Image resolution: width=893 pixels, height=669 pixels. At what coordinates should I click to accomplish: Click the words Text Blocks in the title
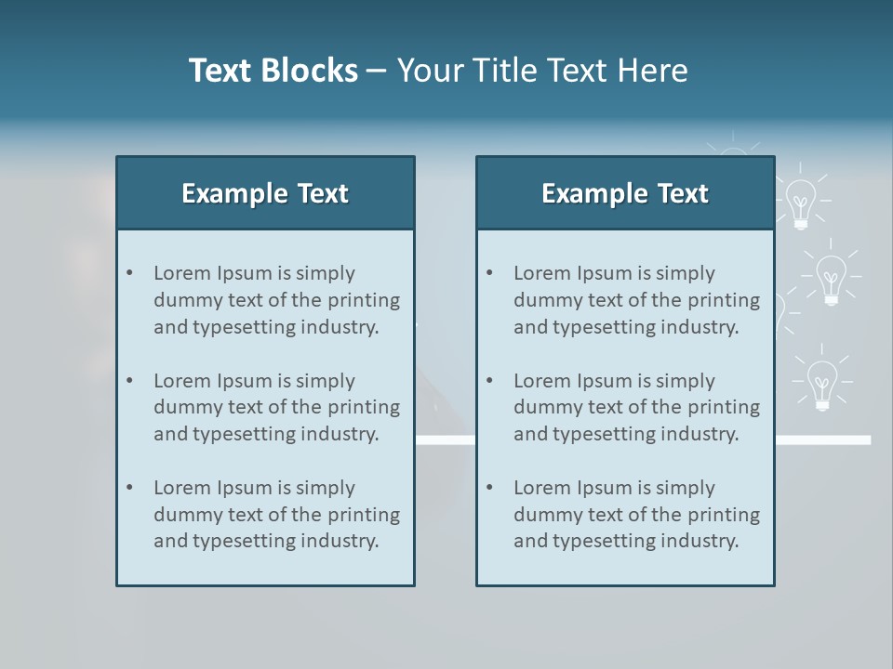pyautogui.click(x=273, y=71)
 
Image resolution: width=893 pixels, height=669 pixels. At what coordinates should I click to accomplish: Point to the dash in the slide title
pyautogui.click(x=377, y=72)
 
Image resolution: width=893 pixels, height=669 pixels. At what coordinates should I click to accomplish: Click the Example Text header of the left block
pyautogui.click(x=265, y=193)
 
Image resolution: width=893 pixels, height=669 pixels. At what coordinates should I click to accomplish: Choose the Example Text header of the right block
pyautogui.click(x=625, y=193)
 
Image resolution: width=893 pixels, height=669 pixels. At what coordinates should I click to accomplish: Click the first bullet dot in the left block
pyautogui.click(x=129, y=273)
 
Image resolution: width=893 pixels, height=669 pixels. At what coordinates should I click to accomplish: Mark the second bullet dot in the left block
pyautogui.click(x=129, y=381)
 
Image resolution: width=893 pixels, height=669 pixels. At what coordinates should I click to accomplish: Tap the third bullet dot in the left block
pyautogui.click(x=129, y=488)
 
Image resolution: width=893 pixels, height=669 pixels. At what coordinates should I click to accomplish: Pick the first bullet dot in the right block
pyautogui.click(x=489, y=273)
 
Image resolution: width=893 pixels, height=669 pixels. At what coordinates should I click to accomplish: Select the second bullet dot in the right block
pyautogui.click(x=489, y=381)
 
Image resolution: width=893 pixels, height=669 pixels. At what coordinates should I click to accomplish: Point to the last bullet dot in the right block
pyautogui.click(x=489, y=488)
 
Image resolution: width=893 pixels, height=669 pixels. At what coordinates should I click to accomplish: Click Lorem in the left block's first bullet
pyautogui.click(x=182, y=273)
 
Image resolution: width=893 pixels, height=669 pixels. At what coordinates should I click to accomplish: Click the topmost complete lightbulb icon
pyautogui.click(x=800, y=203)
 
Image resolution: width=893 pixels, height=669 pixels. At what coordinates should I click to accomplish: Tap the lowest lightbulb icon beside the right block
pyautogui.click(x=821, y=384)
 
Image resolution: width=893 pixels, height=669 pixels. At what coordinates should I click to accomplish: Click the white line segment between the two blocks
pyautogui.click(x=445, y=440)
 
